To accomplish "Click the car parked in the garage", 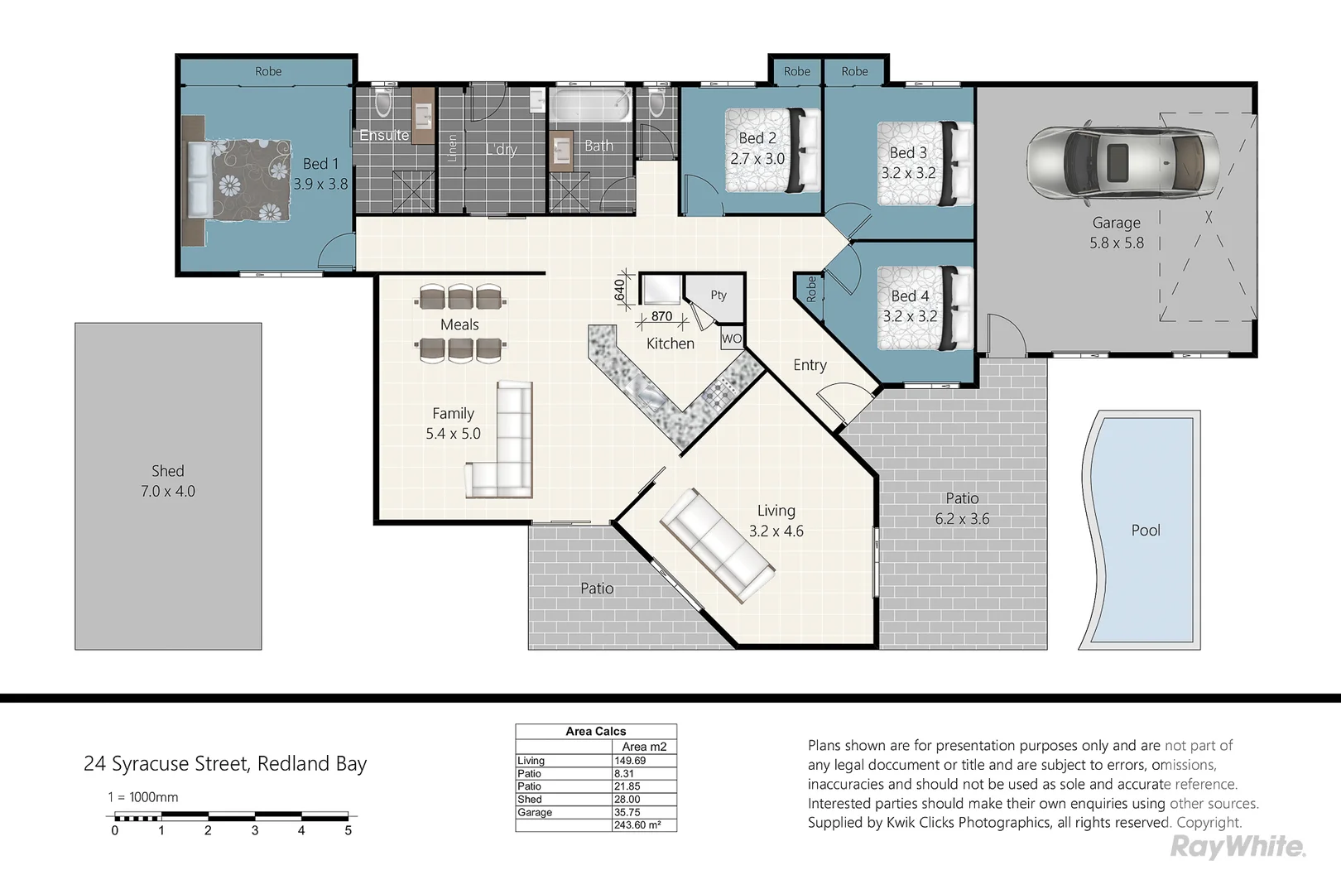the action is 1123,162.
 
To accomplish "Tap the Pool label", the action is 1146,530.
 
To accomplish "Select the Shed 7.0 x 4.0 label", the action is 167,481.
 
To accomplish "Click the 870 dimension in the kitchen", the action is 661,316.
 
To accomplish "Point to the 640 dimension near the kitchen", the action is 620,291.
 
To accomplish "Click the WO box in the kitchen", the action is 732,339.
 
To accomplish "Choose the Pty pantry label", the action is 719,295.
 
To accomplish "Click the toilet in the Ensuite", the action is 383,103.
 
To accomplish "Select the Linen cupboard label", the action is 452,148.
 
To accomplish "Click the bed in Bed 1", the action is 239,180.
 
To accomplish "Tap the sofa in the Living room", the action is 717,546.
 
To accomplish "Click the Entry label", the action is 810,365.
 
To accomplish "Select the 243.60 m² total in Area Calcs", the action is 637,825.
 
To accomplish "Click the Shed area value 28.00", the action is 627,800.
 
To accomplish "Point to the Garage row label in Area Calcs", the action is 535,812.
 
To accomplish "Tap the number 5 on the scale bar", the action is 348,830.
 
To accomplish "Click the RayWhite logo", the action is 1238,848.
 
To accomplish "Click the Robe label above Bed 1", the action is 268,71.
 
